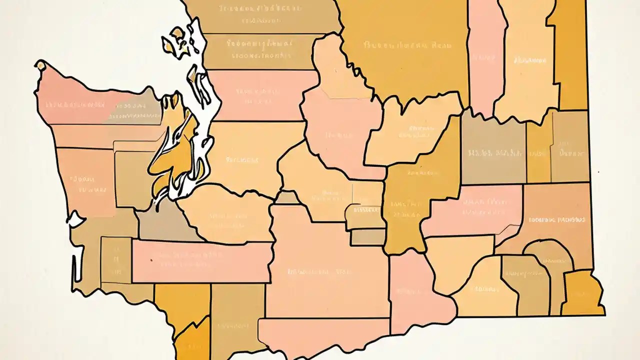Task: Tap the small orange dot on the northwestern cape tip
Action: [x=40, y=65]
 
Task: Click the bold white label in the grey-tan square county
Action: [x=492, y=153]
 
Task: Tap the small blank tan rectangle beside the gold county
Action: [x=367, y=236]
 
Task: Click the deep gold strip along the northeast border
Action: [x=570, y=55]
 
